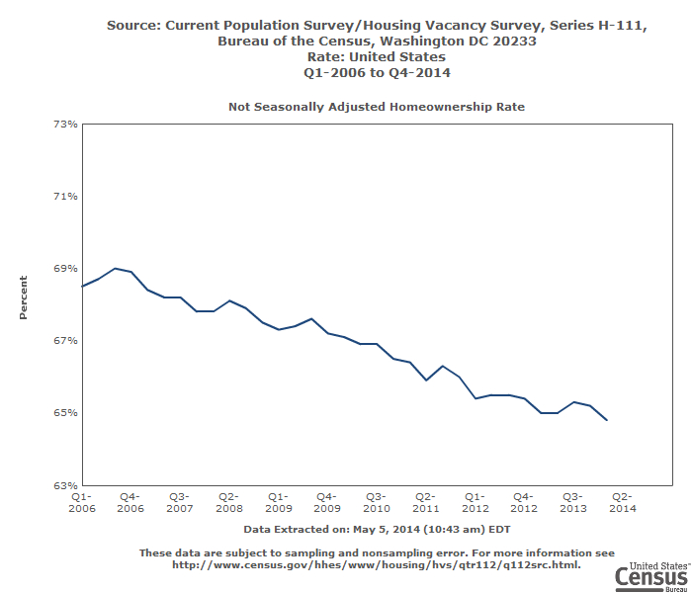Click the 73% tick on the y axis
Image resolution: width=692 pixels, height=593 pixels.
[67, 124]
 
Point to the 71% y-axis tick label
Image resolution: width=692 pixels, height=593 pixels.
[67, 196]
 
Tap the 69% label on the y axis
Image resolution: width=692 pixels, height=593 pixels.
[67, 268]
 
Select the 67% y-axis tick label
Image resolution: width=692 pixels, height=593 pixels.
[67, 340]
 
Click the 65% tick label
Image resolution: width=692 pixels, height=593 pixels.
[67, 412]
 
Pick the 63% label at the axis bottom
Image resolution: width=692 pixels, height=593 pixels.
[67, 484]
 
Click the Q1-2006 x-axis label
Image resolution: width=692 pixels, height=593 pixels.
[81, 502]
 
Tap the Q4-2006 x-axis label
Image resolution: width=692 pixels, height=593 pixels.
[130, 502]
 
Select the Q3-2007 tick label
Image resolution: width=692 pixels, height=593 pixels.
[179, 502]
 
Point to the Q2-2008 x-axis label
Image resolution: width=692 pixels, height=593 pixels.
[228, 502]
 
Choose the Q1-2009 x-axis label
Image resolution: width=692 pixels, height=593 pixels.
[278, 502]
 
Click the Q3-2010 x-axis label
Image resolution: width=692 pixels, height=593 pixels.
[376, 502]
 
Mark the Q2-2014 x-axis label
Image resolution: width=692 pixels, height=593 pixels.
[622, 502]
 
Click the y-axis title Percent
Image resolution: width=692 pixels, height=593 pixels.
[24, 303]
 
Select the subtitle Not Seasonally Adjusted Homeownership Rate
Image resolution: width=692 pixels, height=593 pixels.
[377, 105]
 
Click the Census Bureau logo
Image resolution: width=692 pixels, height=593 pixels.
[650, 576]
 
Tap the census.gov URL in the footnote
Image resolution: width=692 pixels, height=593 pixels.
[377, 565]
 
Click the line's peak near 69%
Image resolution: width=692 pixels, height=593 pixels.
[115, 268]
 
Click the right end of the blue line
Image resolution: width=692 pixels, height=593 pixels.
[606, 420]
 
